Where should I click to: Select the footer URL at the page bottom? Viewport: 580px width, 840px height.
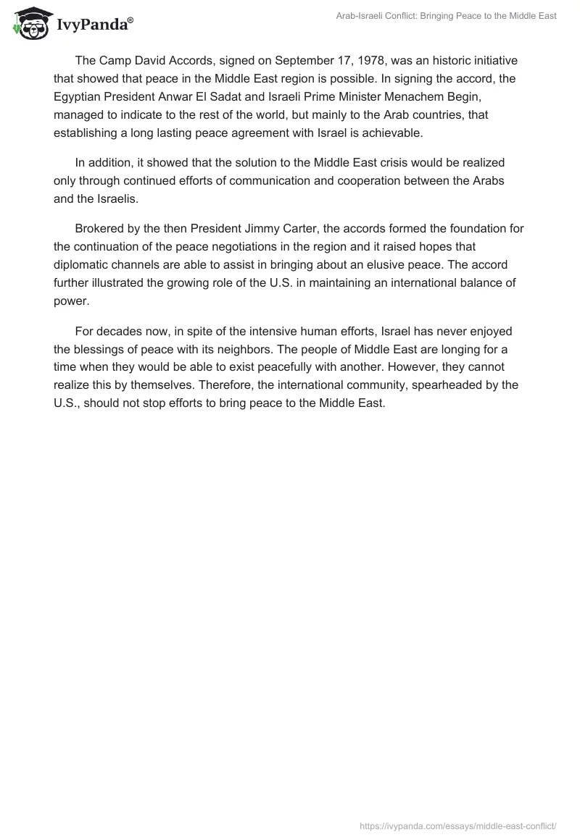(458, 825)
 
